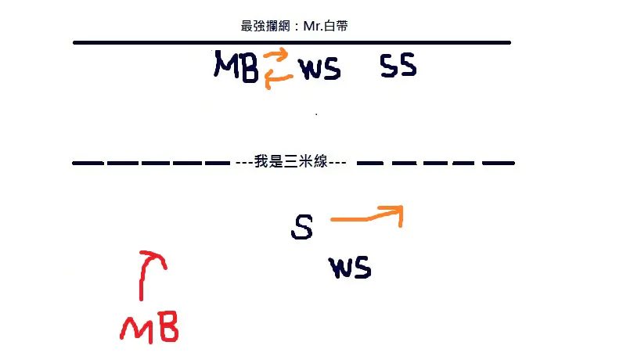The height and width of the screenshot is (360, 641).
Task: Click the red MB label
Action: pyautogui.click(x=149, y=327)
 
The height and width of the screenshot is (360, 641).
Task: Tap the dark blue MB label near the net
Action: pyautogui.click(x=236, y=67)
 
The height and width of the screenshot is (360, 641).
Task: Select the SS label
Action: pyautogui.click(x=398, y=66)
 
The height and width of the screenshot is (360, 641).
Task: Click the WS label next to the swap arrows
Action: pyautogui.click(x=319, y=69)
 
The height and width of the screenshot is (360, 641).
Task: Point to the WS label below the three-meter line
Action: pyautogui.click(x=350, y=268)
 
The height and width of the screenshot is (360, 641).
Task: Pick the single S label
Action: pyautogui.click(x=302, y=227)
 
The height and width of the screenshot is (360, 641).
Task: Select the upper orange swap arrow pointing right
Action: pyautogui.click(x=276, y=55)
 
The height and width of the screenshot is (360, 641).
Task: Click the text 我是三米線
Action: pyautogui.click(x=290, y=162)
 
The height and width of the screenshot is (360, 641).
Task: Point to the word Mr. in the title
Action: pyautogui.click(x=313, y=26)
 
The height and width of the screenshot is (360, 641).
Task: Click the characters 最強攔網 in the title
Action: pyautogui.click(x=265, y=26)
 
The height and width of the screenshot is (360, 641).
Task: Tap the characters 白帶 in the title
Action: pyautogui.click(x=336, y=26)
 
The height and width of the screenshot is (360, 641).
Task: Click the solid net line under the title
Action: pyautogui.click(x=292, y=42)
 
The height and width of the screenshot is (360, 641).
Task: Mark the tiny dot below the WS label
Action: pyautogui.click(x=316, y=114)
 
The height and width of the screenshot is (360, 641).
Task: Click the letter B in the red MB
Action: pyautogui.click(x=168, y=326)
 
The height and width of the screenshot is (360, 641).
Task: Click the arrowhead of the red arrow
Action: pyautogui.click(x=153, y=257)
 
